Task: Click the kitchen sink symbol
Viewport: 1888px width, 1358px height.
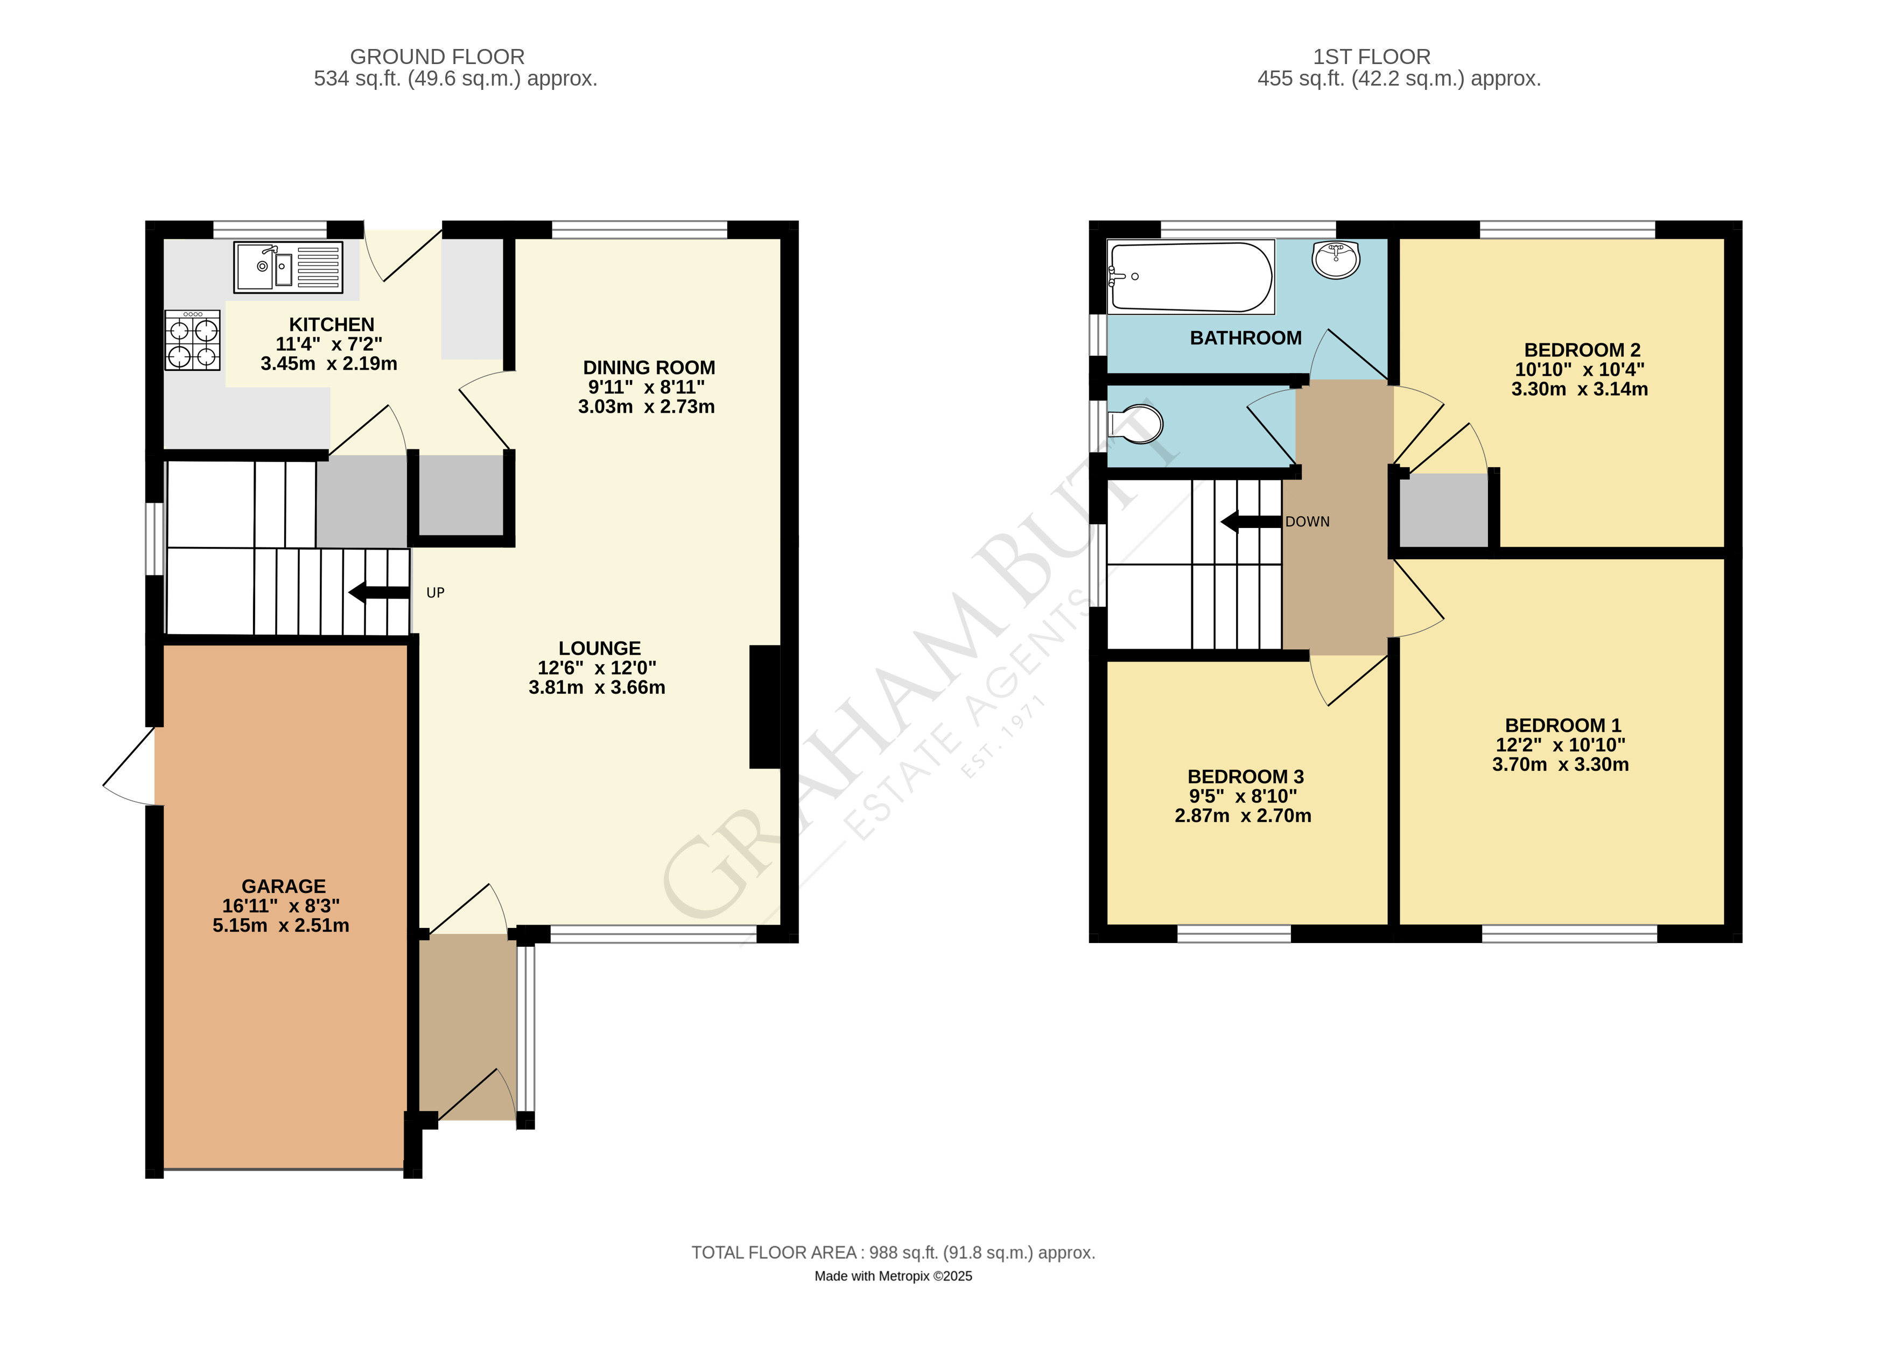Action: coord(288,267)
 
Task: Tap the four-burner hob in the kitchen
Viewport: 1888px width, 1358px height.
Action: coord(192,340)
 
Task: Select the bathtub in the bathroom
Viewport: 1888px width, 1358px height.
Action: coord(1190,277)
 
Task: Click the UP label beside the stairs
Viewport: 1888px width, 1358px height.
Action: coord(436,593)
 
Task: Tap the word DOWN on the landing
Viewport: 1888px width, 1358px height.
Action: coord(1307,522)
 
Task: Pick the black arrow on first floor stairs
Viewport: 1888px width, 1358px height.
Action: coord(1251,522)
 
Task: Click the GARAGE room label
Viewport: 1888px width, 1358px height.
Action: coord(284,886)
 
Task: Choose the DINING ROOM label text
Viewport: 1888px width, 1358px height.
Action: coord(649,368)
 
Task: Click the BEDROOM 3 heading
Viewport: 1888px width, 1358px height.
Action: coord(1245,776)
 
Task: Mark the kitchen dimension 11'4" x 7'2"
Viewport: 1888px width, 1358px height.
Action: coord(329,343)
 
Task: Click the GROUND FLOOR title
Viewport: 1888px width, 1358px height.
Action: coord(437,57)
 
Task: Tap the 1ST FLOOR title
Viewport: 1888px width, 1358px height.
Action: coord(1372,57)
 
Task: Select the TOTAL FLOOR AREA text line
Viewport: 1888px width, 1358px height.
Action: coord(893,1253)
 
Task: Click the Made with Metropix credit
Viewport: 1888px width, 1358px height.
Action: coord(893,1276)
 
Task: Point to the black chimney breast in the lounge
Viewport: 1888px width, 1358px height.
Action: coord(765,707)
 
